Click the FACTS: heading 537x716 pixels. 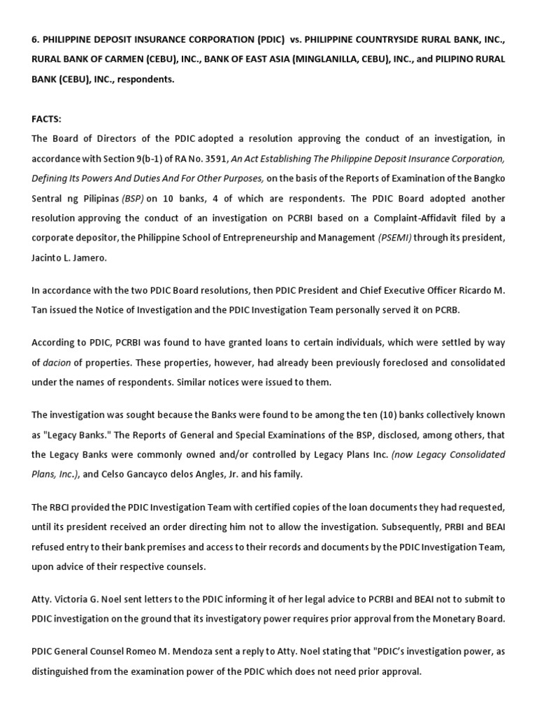[46, 120]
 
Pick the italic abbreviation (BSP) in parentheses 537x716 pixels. [134, 198]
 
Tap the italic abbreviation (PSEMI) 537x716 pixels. [395, 237]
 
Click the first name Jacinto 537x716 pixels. [48, 257]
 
